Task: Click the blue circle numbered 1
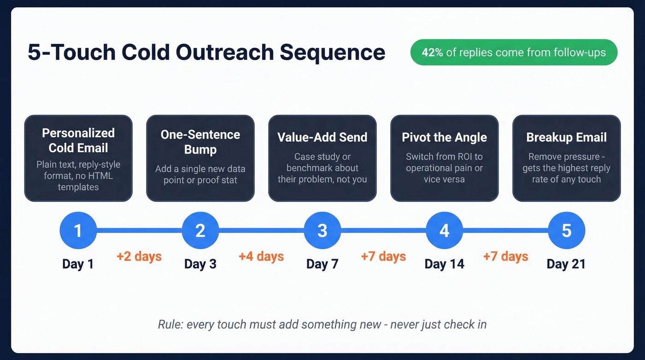(78, 230)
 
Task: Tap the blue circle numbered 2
(200, 230)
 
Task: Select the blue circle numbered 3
(322, 230)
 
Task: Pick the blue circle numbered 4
(444, 230)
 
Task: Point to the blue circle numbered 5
(566, 230)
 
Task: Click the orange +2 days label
(139, 256)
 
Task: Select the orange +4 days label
(261, 256)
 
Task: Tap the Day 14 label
(444, 264)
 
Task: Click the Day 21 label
(566, 264)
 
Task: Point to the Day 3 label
(200, 264)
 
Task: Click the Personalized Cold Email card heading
(78, 141)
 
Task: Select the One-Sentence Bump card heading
(200, 142)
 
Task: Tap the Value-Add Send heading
(322, 137)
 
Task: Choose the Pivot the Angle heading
(444, 137)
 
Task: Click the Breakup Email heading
(566, 137)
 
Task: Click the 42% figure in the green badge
(432, 53)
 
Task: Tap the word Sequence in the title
(332, 53)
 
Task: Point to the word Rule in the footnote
(170, 325)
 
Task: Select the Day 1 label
(78, 264)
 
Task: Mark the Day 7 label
(322, 264)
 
